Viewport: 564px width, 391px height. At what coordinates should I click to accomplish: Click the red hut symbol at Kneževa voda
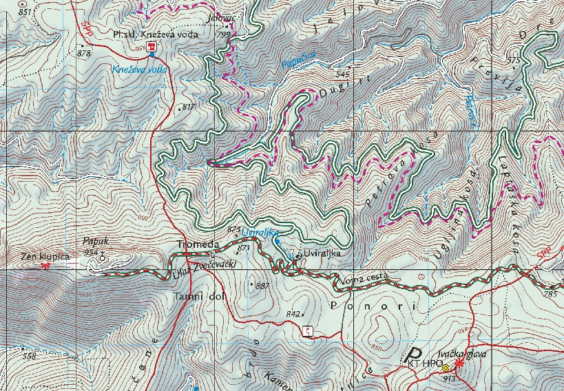pos(152,47)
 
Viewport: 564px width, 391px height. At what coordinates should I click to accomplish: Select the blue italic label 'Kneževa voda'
pos(140,70)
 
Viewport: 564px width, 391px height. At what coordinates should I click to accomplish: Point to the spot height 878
pos(84,53)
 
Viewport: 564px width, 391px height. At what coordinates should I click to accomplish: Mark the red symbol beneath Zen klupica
pos(45,265)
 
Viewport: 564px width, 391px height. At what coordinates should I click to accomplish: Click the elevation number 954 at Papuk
pos(91,253)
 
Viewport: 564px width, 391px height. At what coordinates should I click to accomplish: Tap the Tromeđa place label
pos(198,244)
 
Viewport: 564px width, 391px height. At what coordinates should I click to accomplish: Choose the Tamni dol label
pos(197,297)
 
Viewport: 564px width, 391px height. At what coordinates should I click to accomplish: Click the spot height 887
pos(262,285)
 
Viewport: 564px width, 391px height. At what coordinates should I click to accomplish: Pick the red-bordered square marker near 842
pos(308,332)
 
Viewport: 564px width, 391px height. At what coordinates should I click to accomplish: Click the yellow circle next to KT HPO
pos(446,367)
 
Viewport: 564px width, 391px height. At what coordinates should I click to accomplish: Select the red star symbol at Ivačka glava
pos(459,365)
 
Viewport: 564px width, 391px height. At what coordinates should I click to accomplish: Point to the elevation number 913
pos(449,379)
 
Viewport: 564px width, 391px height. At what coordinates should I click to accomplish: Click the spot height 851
pos(25,12)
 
